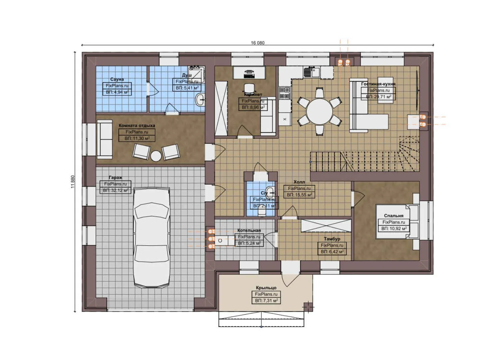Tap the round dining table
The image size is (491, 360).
(319, 111)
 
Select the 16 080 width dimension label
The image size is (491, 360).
(257, 43)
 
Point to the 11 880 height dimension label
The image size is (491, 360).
(73, 182)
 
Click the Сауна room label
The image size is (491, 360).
(117, 79)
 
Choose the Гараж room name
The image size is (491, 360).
(115, 178)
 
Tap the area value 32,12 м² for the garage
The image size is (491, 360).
(115, 190)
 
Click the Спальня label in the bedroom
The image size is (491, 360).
(393, 216)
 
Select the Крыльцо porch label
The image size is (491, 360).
(266, 288)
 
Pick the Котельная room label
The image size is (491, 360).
(249, 230)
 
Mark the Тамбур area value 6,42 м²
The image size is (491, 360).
(332, 252)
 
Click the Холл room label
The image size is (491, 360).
(299, 182)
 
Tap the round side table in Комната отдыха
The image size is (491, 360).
(156, 156)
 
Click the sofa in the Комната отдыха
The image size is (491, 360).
(105, 139)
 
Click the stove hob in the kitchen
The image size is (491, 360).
(285, 93)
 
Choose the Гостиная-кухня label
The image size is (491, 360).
(378, 84)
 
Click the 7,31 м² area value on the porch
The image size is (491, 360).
(266, 301)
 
